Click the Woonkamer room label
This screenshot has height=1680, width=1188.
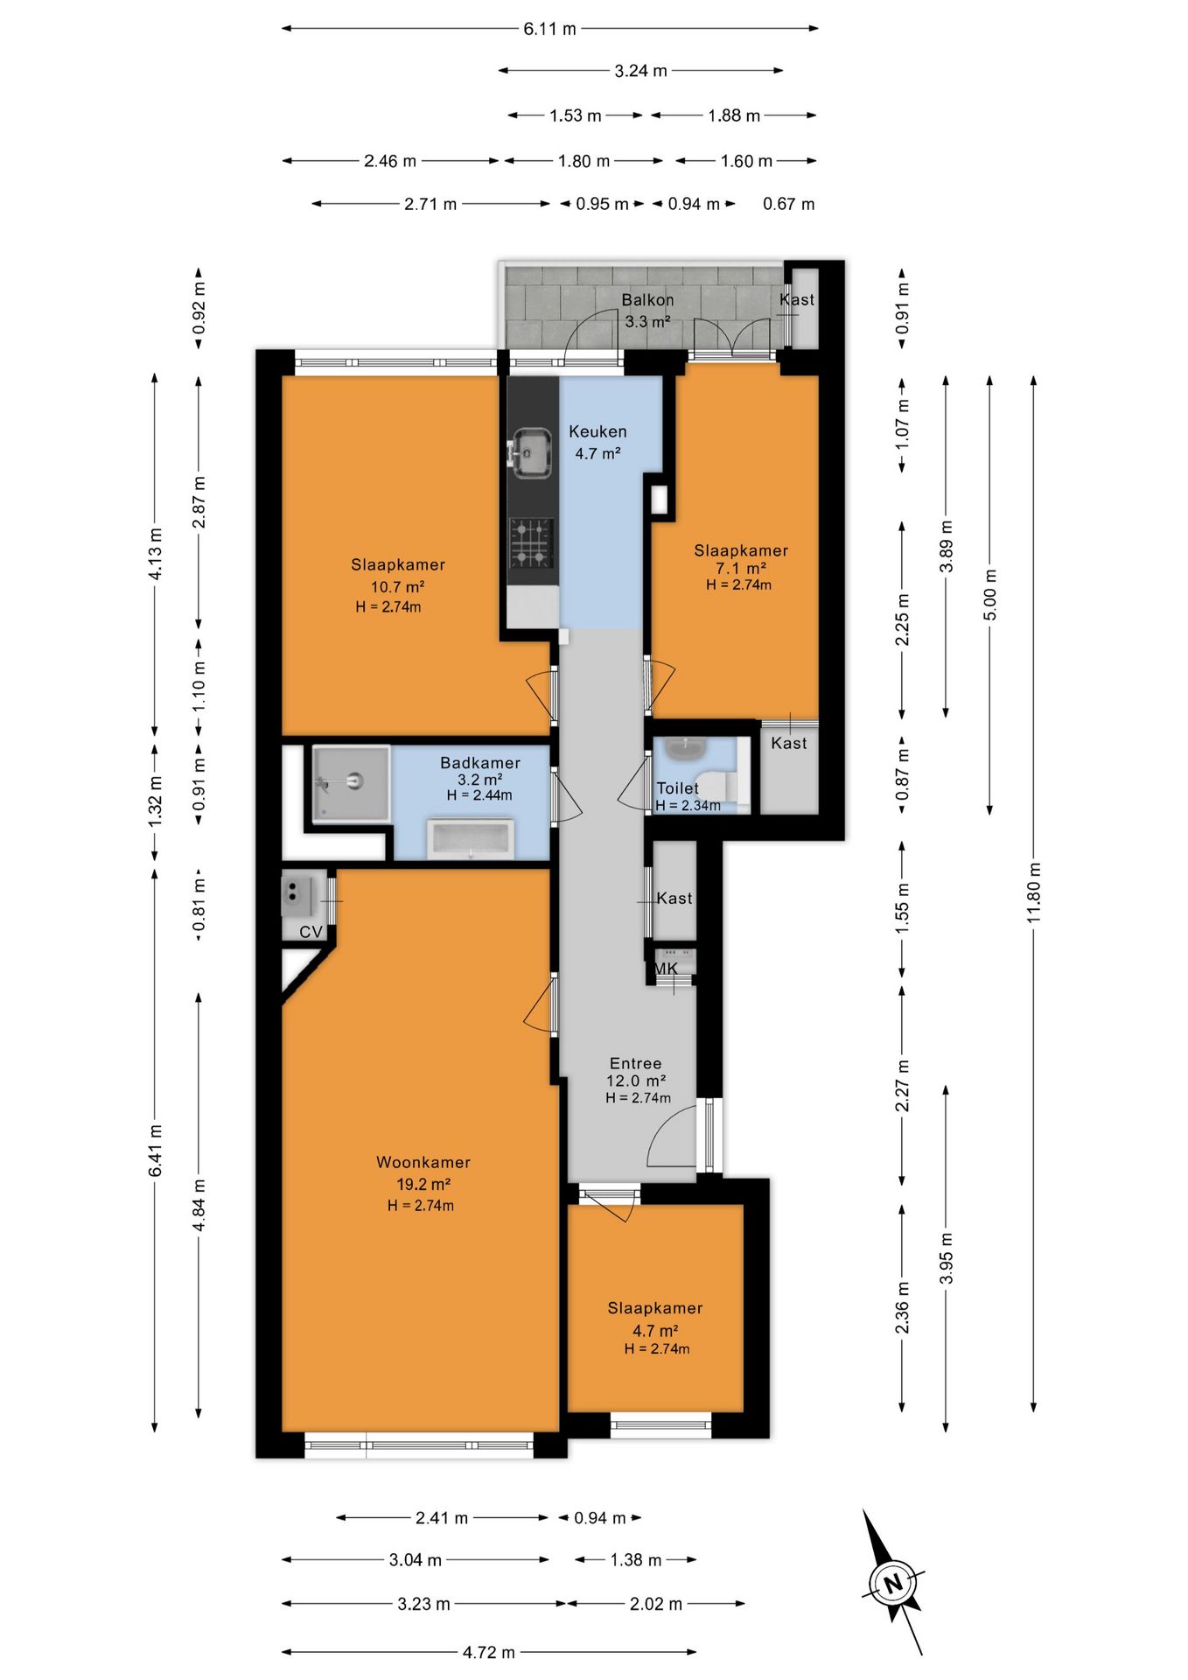pyautogui.click(x=423, y=1162)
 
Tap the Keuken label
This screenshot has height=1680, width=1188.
pyautogui.click(x=597, y=431)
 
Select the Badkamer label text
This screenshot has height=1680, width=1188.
pyautogui.click(x=480, y=763)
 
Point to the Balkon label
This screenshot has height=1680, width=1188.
pyautogui.click(x=647, y=300)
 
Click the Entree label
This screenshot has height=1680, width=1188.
pyautogui.click(x=636, y=1063)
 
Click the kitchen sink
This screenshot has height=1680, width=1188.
pyautogui.click(x=531, y=452)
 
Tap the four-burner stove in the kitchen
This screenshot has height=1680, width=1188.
pyautogui.click(x=532, y=542)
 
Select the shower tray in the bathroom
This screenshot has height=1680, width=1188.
pyautogui.click(x=351, y=784)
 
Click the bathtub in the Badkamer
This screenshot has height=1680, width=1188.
pyautogui.click(x=470, y=839)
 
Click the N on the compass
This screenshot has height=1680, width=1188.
pyautogui.click(x=893, y=1583)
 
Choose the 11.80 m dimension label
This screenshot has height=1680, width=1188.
pyautogui.click(x=1034, y=892)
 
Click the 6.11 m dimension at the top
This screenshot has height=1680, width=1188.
pyautogui.click(x=549, y=29)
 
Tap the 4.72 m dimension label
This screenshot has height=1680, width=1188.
pyautogui.click(x=489, y=1652)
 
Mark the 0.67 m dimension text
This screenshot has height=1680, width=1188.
pyautogui.click(x=788, y=204)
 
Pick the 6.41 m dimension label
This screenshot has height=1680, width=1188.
pyautogui.click(x=156, y=1151)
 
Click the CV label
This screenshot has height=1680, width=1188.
pyautogui.click(x=311, y=932)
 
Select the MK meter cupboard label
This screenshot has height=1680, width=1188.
pyautogui.click(x=666, y=969)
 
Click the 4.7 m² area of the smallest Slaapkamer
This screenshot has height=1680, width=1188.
pyautogui.click(x=655, y=1331)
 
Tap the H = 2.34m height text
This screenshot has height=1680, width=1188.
pyautogui.click(x=688, y=806)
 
